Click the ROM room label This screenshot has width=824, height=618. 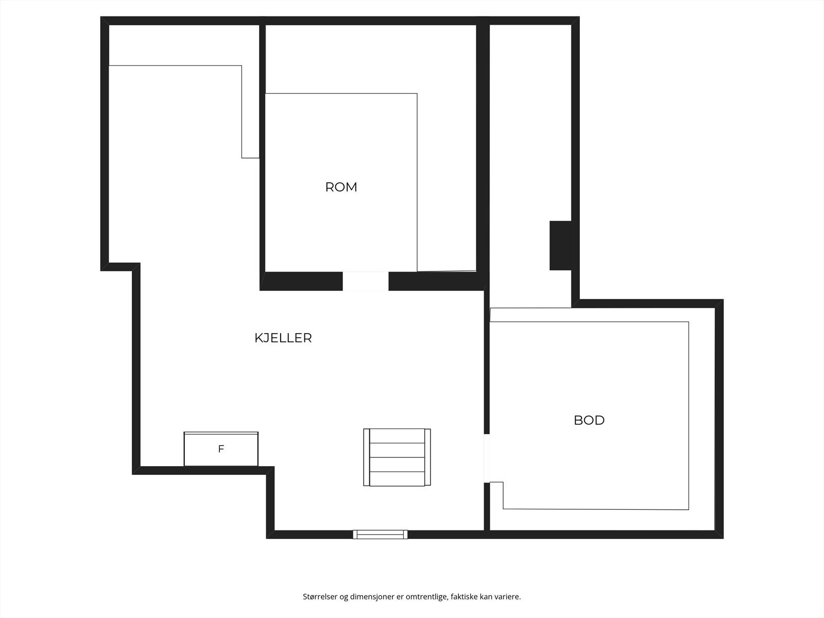pyautogui.click(x=341, y=187)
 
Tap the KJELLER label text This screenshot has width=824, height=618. pyautogui.click(x=283, y=338)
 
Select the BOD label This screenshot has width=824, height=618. pyautogui.click(x=589, y=420)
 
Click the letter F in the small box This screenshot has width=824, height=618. pyautogui.click(x=221, y=449)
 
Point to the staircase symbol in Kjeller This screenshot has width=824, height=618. pyautogui.click(x=397, y=457)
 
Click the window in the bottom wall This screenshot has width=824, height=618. pyautogui.click(x=380, y=535)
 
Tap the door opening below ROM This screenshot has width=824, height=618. pyautogui.click(x=366, y=281)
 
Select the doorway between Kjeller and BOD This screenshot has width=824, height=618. pyautogui.click(x=487, y=458)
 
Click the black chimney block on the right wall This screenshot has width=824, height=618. pyautogui.click(x=560, y=246)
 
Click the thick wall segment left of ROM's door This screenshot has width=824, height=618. pyautogui.click(x=302, y=281)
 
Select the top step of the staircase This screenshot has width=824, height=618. pyautogui.click(x=397, y=436)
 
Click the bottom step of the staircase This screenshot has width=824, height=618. pyautogui.click(x=397, y=478)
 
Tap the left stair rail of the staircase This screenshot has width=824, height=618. pyautogui.click(x=366, y=457)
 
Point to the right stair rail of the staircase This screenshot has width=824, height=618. pyautogui.click(x=427, y=457)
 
